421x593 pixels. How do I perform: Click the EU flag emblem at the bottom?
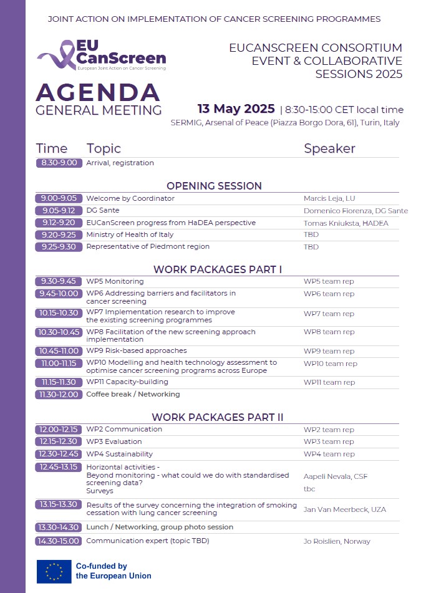tap(54, 571)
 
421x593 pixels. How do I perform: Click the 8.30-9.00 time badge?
tap(59, 163)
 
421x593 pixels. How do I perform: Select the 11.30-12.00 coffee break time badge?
tap(59, 394)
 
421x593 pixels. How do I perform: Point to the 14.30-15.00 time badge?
tap(59, 541)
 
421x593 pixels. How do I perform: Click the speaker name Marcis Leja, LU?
tap(329, 198)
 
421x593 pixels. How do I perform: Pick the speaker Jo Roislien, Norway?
tap(337, 541)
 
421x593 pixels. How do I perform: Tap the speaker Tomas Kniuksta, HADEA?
tap(346, 223)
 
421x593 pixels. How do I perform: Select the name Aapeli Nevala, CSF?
tap(336, 476)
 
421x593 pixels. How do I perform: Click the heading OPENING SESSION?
tap(214, 186)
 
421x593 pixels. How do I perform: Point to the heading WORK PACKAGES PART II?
tap(218, 417)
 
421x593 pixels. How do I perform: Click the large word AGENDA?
tap(98, 93)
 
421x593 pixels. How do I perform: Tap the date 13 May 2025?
tap(236, 109)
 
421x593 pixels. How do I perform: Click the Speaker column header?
tap(329, 148)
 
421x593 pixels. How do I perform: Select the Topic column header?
tap(104, 148)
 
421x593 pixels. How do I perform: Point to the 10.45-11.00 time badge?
tap(59, 351)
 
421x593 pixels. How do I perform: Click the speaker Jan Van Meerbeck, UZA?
tap(344, 509)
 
